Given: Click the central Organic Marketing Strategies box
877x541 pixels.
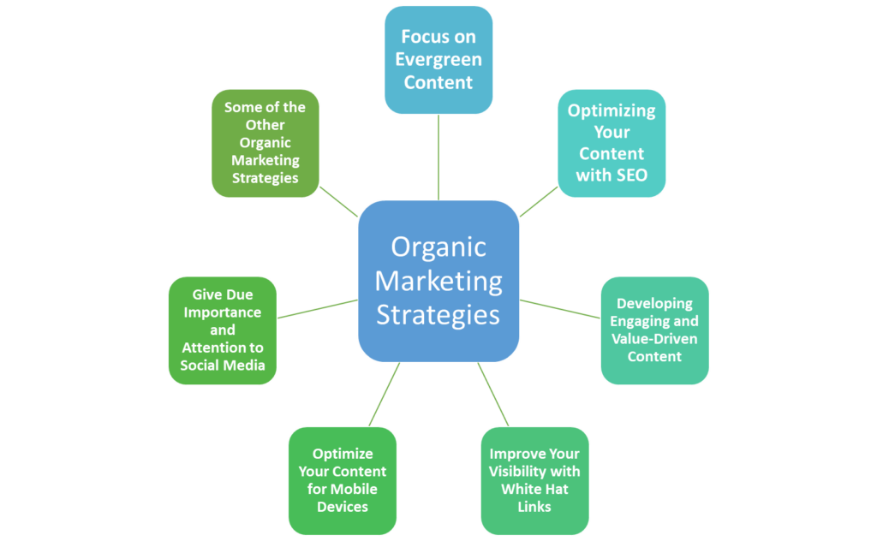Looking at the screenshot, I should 438,281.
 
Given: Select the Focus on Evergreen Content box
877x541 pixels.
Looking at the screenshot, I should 438,60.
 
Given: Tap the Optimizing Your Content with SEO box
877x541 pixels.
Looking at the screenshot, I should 612,143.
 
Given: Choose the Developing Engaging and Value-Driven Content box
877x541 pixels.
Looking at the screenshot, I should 654,330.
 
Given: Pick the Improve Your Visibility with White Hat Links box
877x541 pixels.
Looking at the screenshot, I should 534,480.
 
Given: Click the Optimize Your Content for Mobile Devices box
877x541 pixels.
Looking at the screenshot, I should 343,480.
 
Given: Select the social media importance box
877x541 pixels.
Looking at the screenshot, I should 223,330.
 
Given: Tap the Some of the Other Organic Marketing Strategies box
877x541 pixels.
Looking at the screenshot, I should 265,143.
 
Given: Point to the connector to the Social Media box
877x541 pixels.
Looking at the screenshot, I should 317,309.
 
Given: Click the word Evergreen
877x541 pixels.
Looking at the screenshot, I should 438,60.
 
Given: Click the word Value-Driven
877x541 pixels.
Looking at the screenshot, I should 654,339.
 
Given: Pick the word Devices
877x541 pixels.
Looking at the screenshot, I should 343,507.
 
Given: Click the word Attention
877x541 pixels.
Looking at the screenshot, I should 223,348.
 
